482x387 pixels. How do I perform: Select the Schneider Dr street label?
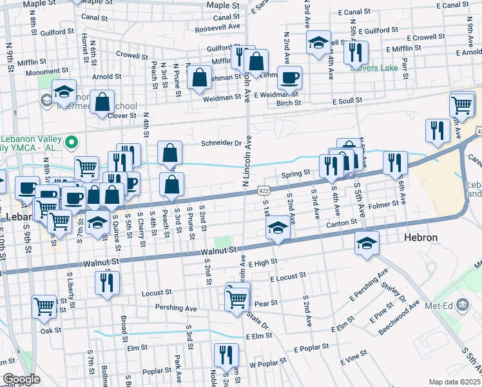(x=221, y=143)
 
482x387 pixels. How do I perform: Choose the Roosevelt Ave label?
(x=217, y=28)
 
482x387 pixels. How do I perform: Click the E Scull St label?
(x=347, y=102)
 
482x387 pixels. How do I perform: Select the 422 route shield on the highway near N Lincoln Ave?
(x=264, y=191)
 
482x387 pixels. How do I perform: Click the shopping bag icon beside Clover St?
(x=102, y=102)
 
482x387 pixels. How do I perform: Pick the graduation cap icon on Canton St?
(x=277, y=228)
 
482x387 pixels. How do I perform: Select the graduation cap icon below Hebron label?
(x=367, y=243)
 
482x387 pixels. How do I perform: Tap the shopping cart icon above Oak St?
(x=44, y=307)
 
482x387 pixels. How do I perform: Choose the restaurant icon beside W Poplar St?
(x=226, y=354)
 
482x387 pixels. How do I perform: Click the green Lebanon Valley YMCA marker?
(x=72, y=141)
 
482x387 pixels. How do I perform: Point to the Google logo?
(x=21, y=379)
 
